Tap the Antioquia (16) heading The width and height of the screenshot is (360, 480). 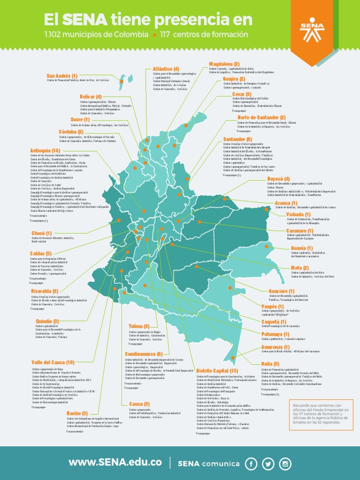(45, 150)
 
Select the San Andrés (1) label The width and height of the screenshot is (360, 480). (62, 75)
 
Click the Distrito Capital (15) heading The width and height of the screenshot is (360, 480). (217, 371)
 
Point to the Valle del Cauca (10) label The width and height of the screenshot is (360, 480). (52, 362)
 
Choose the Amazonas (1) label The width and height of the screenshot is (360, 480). (275, 347)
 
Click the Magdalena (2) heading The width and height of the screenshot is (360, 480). (224, 64)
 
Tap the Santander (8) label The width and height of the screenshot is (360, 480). (237, 139)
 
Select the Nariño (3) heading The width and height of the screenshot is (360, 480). (77, 413)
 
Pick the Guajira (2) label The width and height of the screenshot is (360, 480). (234, 79)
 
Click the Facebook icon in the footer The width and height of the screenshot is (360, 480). (251, 464)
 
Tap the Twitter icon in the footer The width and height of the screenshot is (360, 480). (268, 464)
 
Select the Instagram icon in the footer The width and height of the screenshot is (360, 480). (285, 464)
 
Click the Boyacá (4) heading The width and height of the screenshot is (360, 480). (278, 179)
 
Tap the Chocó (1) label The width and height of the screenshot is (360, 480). (42, 233)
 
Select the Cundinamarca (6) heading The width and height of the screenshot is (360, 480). (143, 354)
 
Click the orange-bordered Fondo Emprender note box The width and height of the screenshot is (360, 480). (322, 414)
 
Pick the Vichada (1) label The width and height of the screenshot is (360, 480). (298, 214)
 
